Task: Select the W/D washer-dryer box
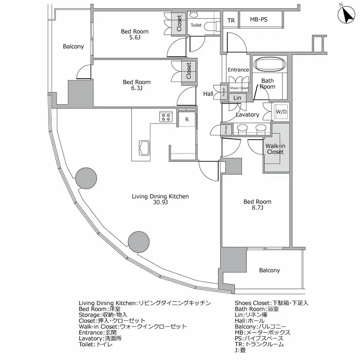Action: (281, 111)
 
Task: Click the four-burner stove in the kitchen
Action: (166, 117)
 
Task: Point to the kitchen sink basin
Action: (144, 148)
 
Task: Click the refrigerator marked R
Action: (187, 119)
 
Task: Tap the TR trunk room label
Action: (231, 20)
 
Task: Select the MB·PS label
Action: (259, 19)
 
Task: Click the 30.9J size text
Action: (160, 202)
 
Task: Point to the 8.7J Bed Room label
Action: (257, 205)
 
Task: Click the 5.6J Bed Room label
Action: (135, 34)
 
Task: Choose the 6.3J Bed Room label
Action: (137, 85)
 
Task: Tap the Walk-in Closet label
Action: (275, 149)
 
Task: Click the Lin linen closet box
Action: (237, 97)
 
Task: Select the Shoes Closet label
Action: (239, 88)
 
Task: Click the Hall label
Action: (208, 94)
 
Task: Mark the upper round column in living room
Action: (86, 178)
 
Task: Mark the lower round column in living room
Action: (139, 242)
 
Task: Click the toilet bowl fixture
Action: (209, 26)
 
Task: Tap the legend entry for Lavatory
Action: (100, 339)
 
